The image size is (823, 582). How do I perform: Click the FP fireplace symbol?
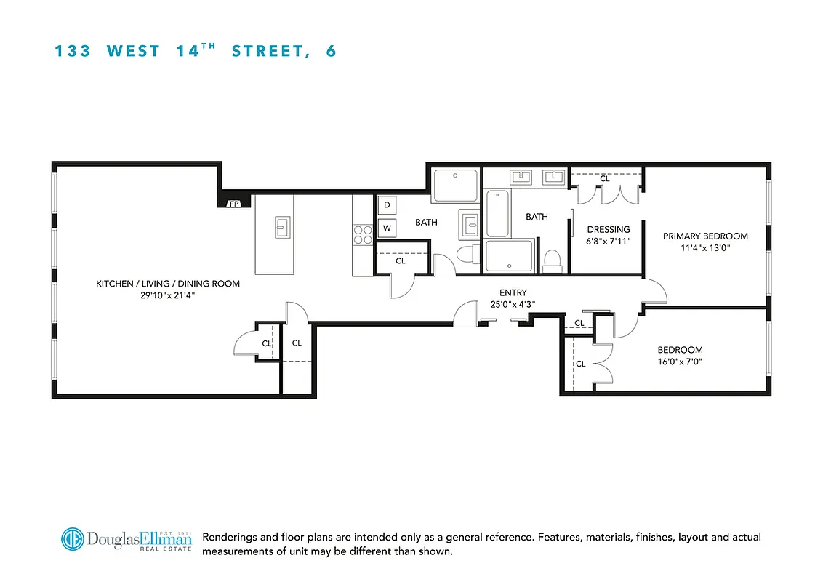point(235,204)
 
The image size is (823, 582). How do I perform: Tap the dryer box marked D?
point(387,206)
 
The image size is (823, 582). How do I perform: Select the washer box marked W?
point(387,228)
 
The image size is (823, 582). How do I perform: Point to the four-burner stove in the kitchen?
point(362,234)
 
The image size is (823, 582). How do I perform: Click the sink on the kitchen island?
point(281,227)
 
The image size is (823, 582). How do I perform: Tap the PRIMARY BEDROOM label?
point(705,236)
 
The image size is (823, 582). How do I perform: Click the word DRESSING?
point(609,229)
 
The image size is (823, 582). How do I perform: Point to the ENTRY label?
point(513,293)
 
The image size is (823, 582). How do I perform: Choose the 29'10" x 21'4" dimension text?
point(168,295)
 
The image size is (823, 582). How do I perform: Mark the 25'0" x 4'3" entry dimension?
point(513,304)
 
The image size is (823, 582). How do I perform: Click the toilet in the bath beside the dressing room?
point(553,260)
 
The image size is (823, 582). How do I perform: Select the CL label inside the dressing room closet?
point(605,178)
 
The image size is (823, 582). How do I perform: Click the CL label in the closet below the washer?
point(401,260)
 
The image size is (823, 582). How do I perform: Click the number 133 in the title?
point(73,52)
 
